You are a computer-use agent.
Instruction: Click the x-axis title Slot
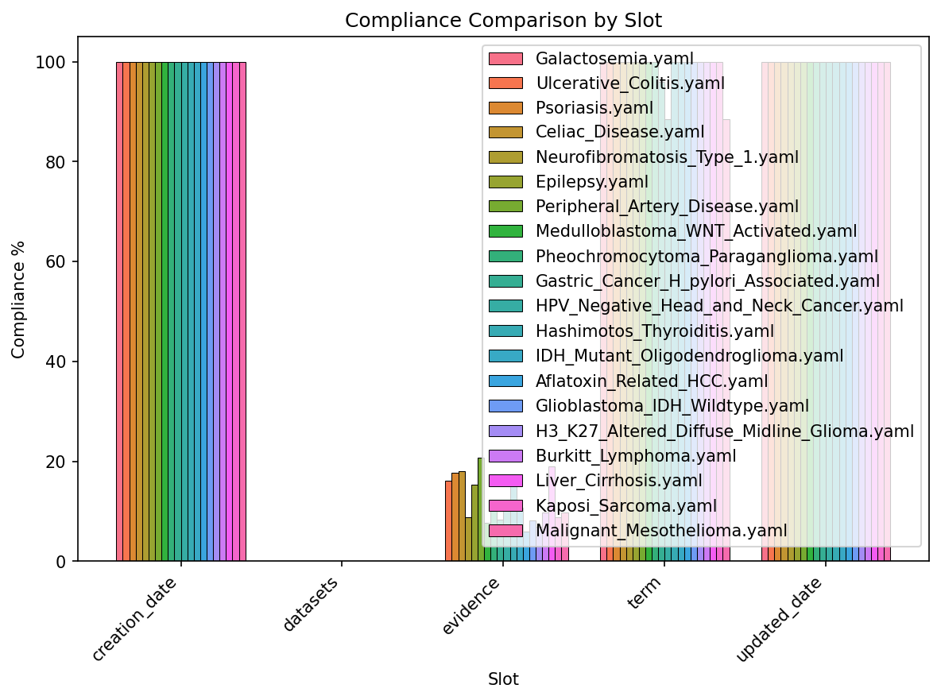[503, 679]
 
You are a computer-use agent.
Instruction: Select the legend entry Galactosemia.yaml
[614, 58]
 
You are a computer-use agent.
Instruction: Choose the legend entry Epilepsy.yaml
[592, 182]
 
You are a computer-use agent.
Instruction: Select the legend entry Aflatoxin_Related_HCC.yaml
[652, 381]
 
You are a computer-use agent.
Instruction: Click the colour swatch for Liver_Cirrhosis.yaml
[505, 480]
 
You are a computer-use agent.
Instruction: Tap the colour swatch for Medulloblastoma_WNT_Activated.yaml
[505, 231]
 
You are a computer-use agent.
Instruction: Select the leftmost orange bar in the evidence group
[448, 520]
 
